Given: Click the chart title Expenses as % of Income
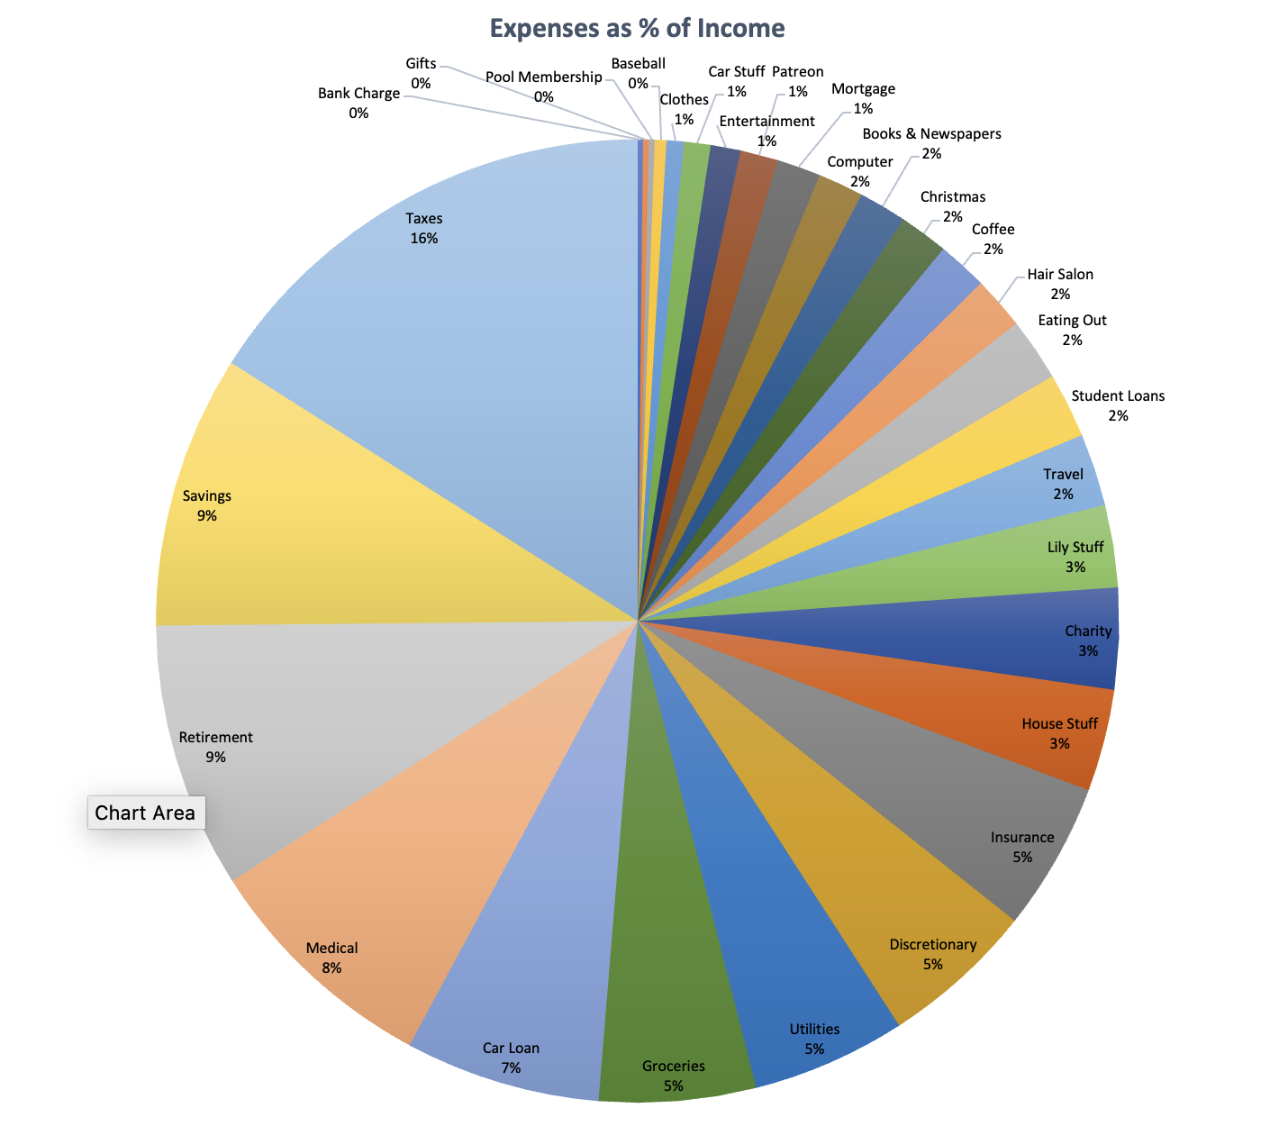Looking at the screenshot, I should click(637, 29).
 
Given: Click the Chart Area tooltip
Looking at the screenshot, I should click(145, 813).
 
